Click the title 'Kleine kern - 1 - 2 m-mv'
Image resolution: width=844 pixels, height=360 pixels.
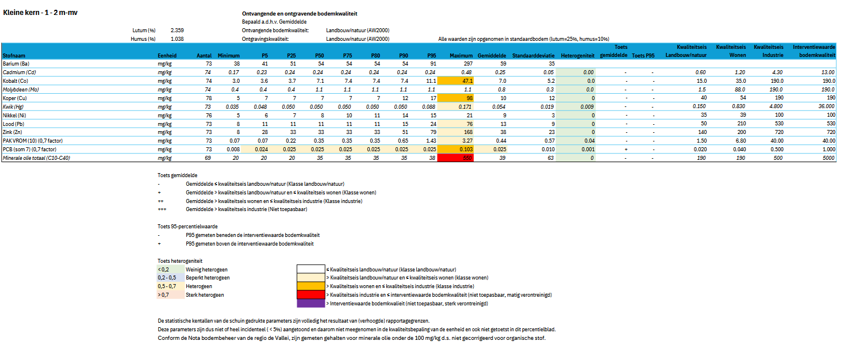(40, 13)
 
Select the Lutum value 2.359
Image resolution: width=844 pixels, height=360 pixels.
(177, 29)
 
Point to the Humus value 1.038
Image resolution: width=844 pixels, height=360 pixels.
(177, 39)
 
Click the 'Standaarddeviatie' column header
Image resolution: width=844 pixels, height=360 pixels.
(533, 55)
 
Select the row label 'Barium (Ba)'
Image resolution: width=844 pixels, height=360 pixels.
(16, 63)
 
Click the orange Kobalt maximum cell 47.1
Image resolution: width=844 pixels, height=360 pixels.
(455, 81)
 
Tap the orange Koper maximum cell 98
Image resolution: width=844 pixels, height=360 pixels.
(455, 98)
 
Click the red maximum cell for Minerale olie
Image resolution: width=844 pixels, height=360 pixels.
(455, 158)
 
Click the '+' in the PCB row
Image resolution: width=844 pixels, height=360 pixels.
(626, 149)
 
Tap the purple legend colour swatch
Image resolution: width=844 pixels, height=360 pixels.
(310, 303)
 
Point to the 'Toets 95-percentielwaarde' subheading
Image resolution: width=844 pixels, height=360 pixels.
(188, 226)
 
